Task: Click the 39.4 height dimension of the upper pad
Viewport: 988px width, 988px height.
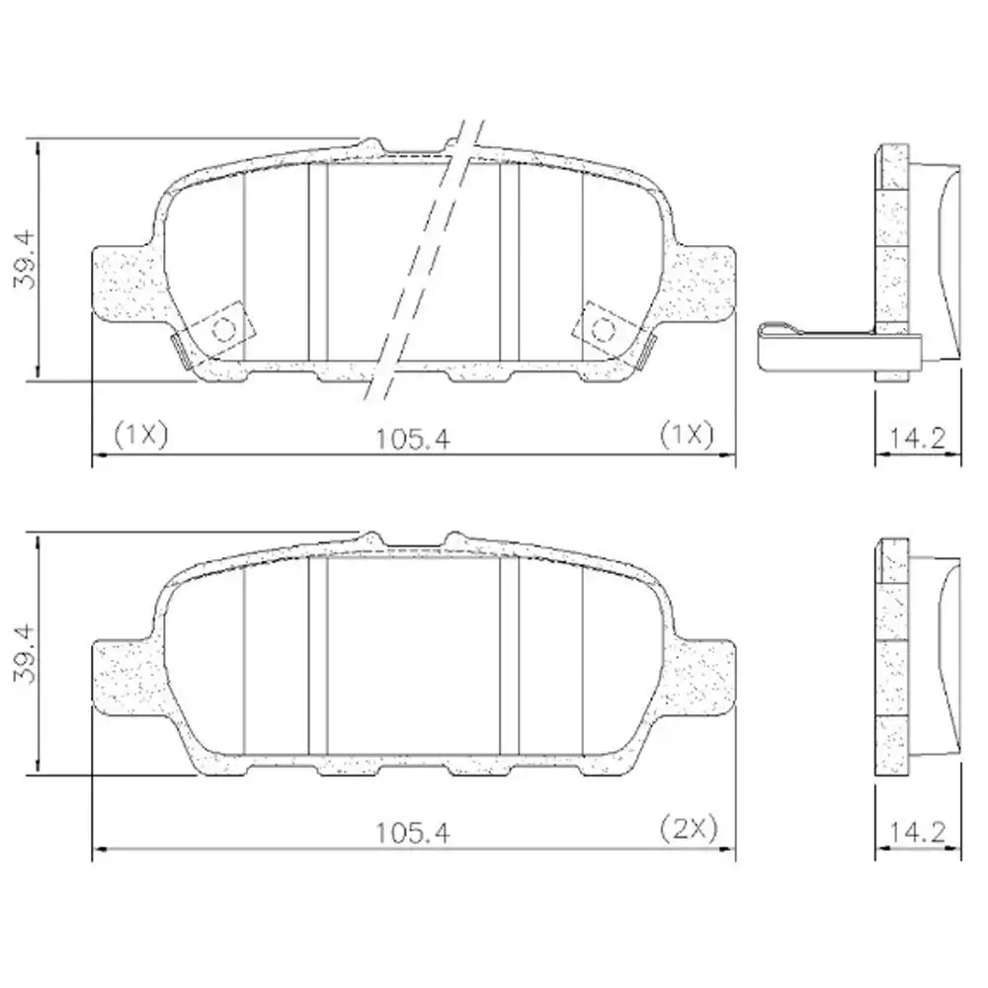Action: click(x=24, y=258)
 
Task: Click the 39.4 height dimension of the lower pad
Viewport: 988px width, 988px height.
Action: click(x=24, y=654)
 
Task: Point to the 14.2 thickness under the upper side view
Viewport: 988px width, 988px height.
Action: click(x=918, y=435)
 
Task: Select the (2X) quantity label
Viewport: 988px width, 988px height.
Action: click(x=687, y=828)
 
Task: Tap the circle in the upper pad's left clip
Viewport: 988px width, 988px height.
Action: click(x=223, y=330)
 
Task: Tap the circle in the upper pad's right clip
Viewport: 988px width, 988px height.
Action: click(x=603, y=330)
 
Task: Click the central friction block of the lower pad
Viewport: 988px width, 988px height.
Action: click(x=413, y=657)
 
